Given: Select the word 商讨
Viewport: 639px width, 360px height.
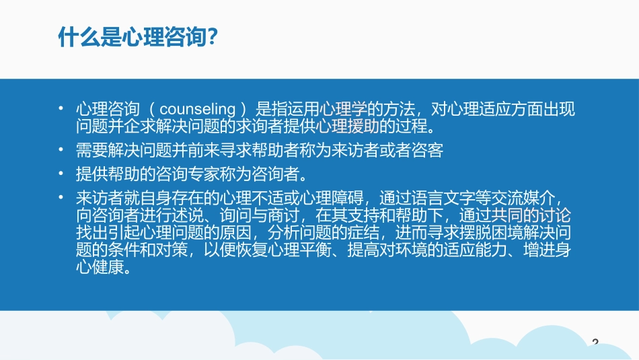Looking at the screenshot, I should [280, 215].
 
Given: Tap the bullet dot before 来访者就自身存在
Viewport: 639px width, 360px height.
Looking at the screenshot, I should [61, 198].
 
